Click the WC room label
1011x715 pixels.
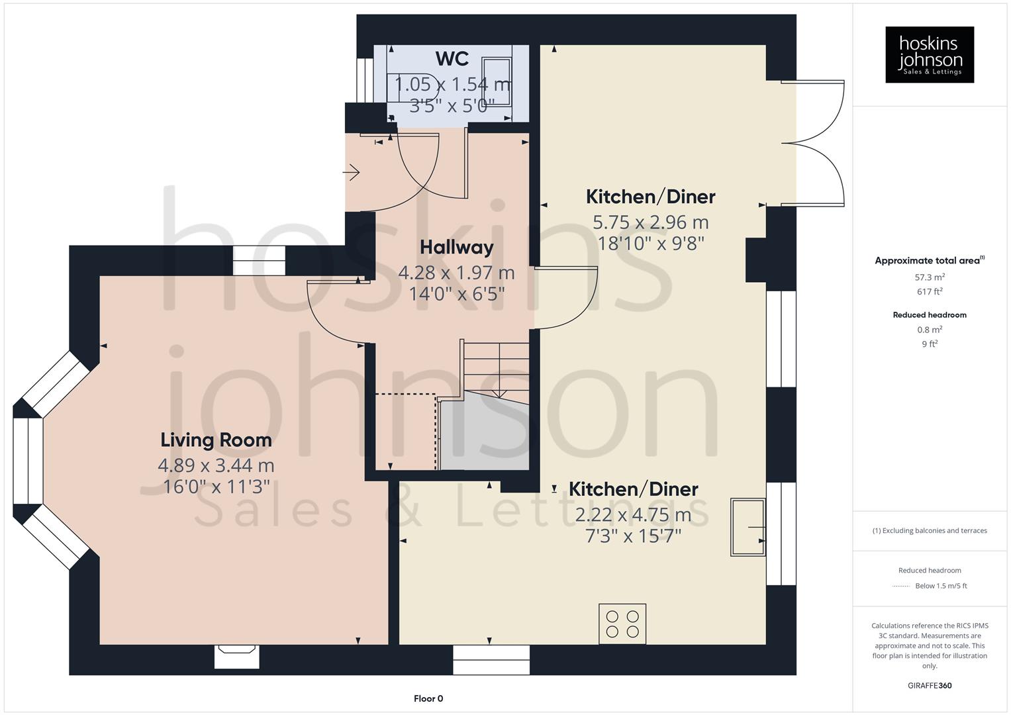[x=452, y=59]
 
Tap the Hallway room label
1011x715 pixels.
[x=456, y=248]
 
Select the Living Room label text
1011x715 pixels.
[x=216, y=440]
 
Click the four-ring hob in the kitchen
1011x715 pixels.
[x=622, y=624]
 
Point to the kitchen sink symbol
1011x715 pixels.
[x=747, y=527]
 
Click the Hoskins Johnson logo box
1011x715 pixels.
[x=929, y=55]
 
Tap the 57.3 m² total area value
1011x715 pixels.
[x=930, y=277]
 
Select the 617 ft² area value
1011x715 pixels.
[x=930, y=291]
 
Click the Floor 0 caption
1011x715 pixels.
[x=428, y=698]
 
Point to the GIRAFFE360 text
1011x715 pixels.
[x=930, y=685]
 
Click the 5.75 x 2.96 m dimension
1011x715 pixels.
[x=650, y=222]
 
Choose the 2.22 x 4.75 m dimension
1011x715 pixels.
[x=633, y=515]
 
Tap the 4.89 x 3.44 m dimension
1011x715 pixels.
[x=216, y=466]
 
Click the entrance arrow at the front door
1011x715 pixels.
[x=351, y=174]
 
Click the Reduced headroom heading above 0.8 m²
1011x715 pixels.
[x=930, y=315]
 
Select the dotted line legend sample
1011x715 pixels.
[x=901, y=586]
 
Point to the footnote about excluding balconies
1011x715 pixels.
[x=930, y=530]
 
